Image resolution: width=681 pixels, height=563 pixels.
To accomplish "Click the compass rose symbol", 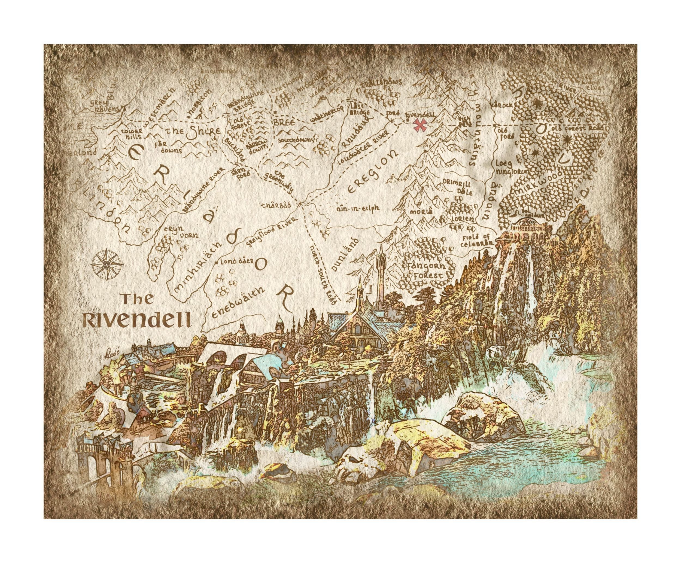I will (x=107, y=265).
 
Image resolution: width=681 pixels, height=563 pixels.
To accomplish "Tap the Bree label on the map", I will (x=284, y=123).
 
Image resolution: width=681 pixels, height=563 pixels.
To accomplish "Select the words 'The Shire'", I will (x=194, y=131).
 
